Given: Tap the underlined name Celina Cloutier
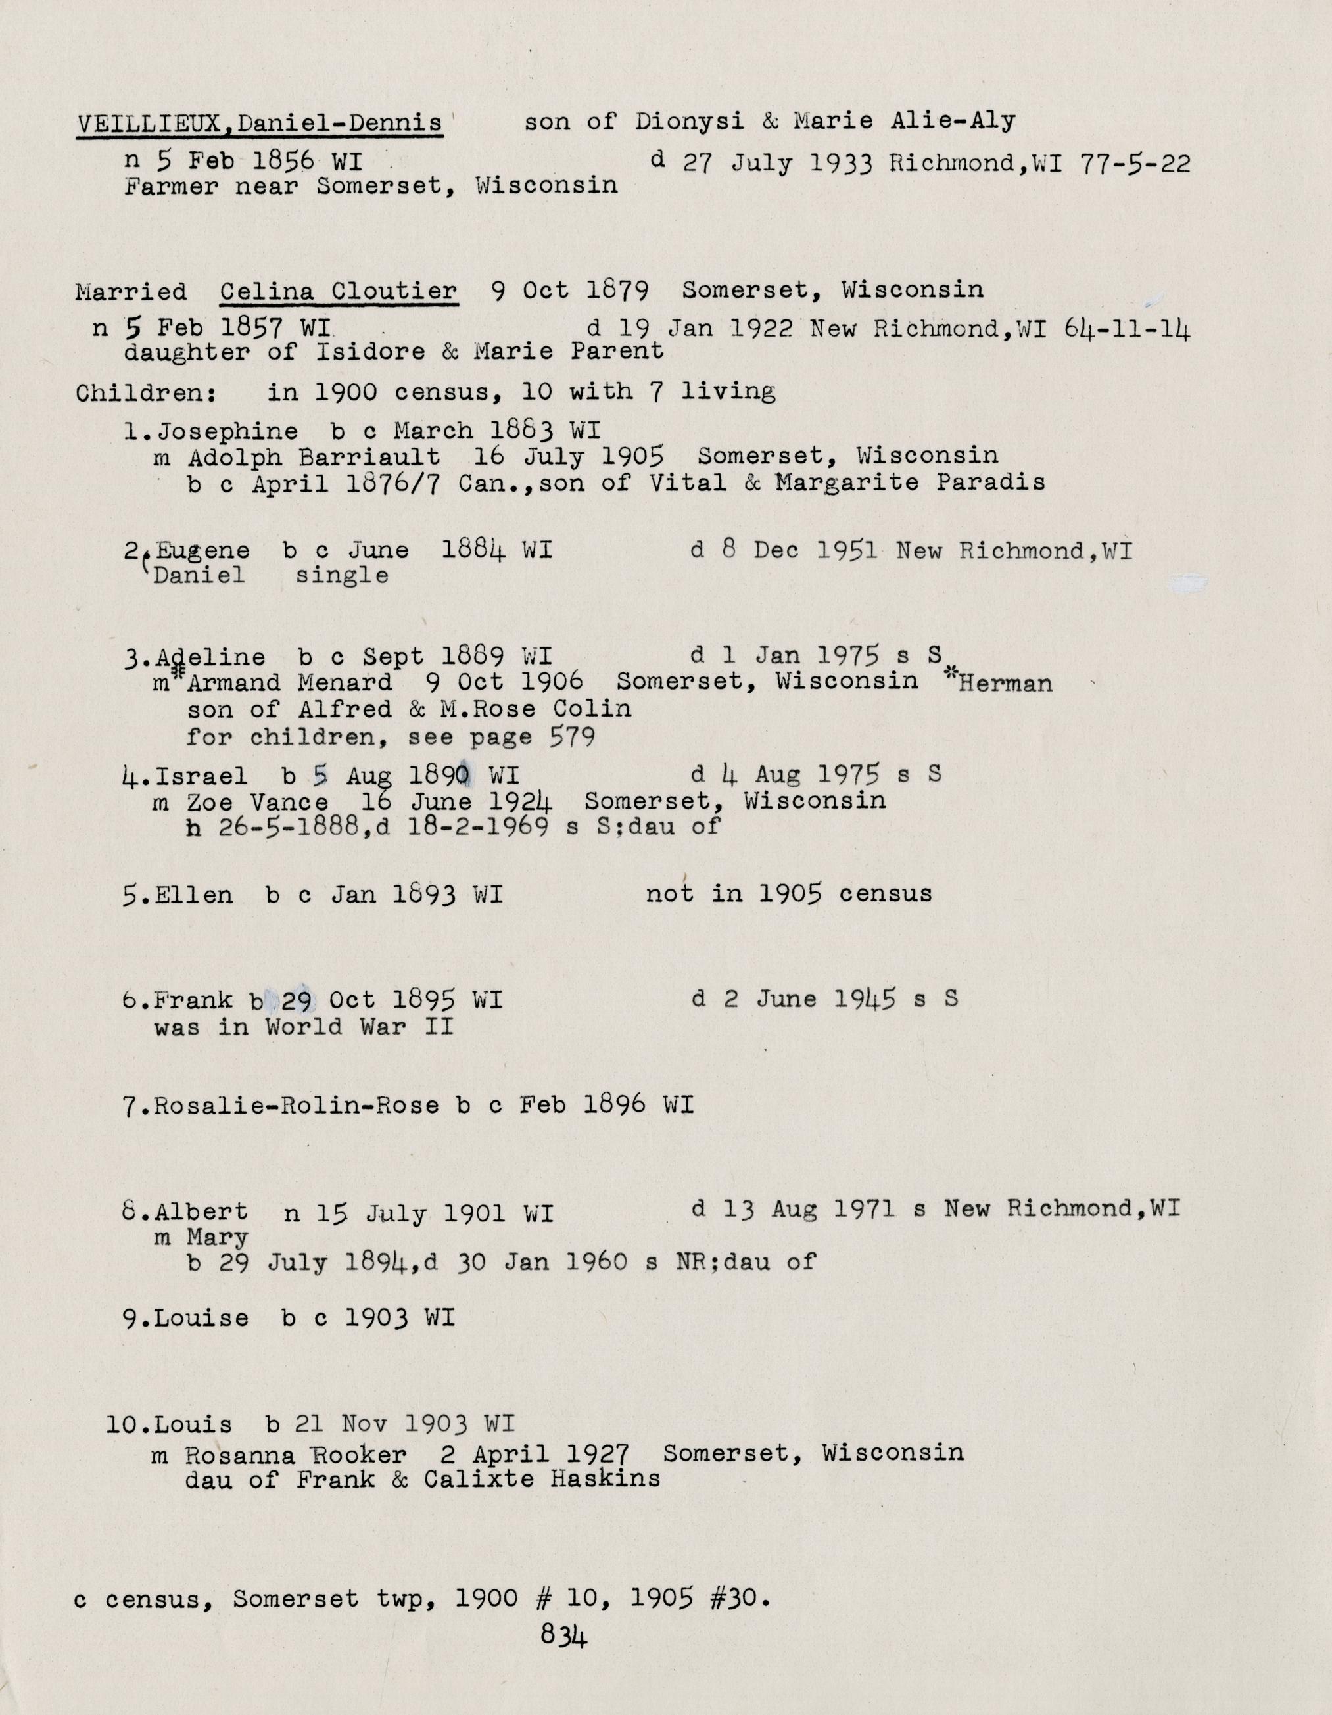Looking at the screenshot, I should coord(339,291).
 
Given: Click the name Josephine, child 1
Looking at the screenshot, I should coord(227,431).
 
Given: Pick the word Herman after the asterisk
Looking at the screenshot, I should coord(1005,683).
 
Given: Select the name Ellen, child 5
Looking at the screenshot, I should coord(194,895).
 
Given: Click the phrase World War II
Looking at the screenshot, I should coord(360,1027).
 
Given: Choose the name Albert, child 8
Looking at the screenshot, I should coord(202,1211).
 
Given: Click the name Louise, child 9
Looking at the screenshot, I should coord(202,1319).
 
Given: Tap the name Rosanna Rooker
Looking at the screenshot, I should coord(296,1454).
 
